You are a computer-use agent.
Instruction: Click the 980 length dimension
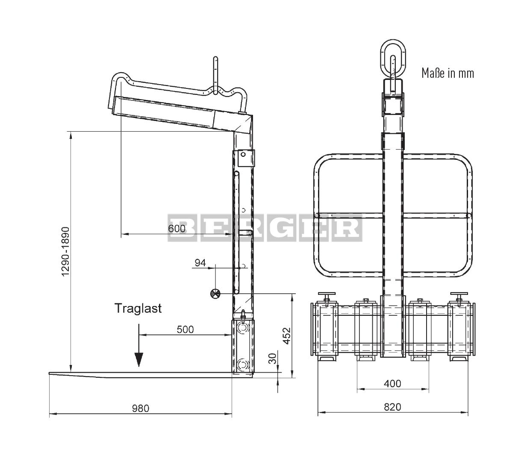click(x=141, y=408)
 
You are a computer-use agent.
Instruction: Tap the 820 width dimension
click(x=392, y=407)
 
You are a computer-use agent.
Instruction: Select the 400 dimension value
click(x=392, y=384)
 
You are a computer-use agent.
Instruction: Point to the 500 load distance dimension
click(x=185, y=329)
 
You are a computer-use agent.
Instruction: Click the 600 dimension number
click(x=177, y=228)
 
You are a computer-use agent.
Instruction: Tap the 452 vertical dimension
click(x=287, y=336)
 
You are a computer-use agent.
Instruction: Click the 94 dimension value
click(x=200, y=263)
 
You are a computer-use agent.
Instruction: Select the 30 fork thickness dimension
click(x=273, y=359)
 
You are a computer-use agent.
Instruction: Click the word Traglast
click(x=138, y=309)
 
